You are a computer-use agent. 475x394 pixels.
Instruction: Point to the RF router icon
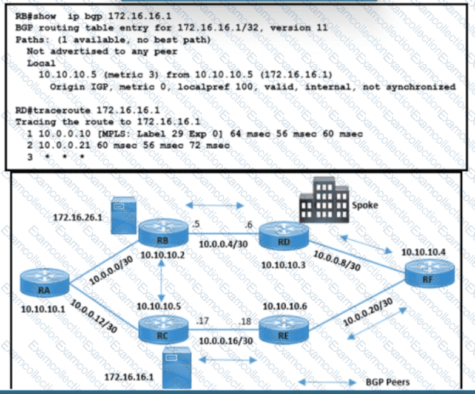click(430, 271)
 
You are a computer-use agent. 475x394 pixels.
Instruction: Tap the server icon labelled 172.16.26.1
click(123, 217)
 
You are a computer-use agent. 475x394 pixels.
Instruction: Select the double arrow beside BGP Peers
click(328, 383)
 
